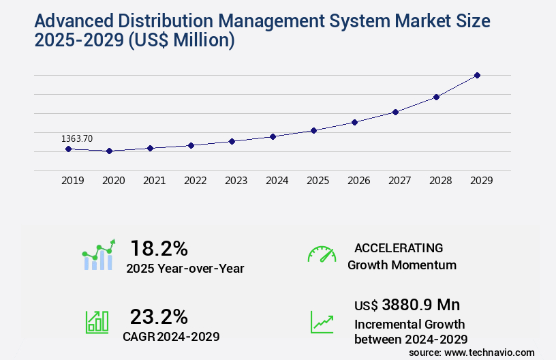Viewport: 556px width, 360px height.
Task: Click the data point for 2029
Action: pos(477,75)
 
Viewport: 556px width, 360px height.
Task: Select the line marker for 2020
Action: pos(109,151)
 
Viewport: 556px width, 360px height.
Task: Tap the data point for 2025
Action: pos(313,130)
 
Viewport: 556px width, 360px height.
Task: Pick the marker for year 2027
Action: pos(395,112)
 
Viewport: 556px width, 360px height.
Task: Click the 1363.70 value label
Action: pos(77,138)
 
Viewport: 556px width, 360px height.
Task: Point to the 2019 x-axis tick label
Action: pos(73,181)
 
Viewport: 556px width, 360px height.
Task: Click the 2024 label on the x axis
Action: pos(277,181)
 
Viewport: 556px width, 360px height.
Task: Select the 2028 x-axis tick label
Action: pos(441,181)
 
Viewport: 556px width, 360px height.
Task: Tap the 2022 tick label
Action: pos(196,181)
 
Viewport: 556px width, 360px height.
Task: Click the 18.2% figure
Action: pos(159,248)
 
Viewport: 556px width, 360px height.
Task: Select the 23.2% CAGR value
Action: pos(159,316)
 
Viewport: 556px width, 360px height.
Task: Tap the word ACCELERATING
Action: pos(399,247)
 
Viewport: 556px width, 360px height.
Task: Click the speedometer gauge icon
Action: pos(322,254)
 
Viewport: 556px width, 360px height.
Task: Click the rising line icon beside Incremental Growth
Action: pos(322,322)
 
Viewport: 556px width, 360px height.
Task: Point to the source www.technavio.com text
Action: pos(472,352)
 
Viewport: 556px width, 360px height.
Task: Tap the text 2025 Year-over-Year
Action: pos(185,269)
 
